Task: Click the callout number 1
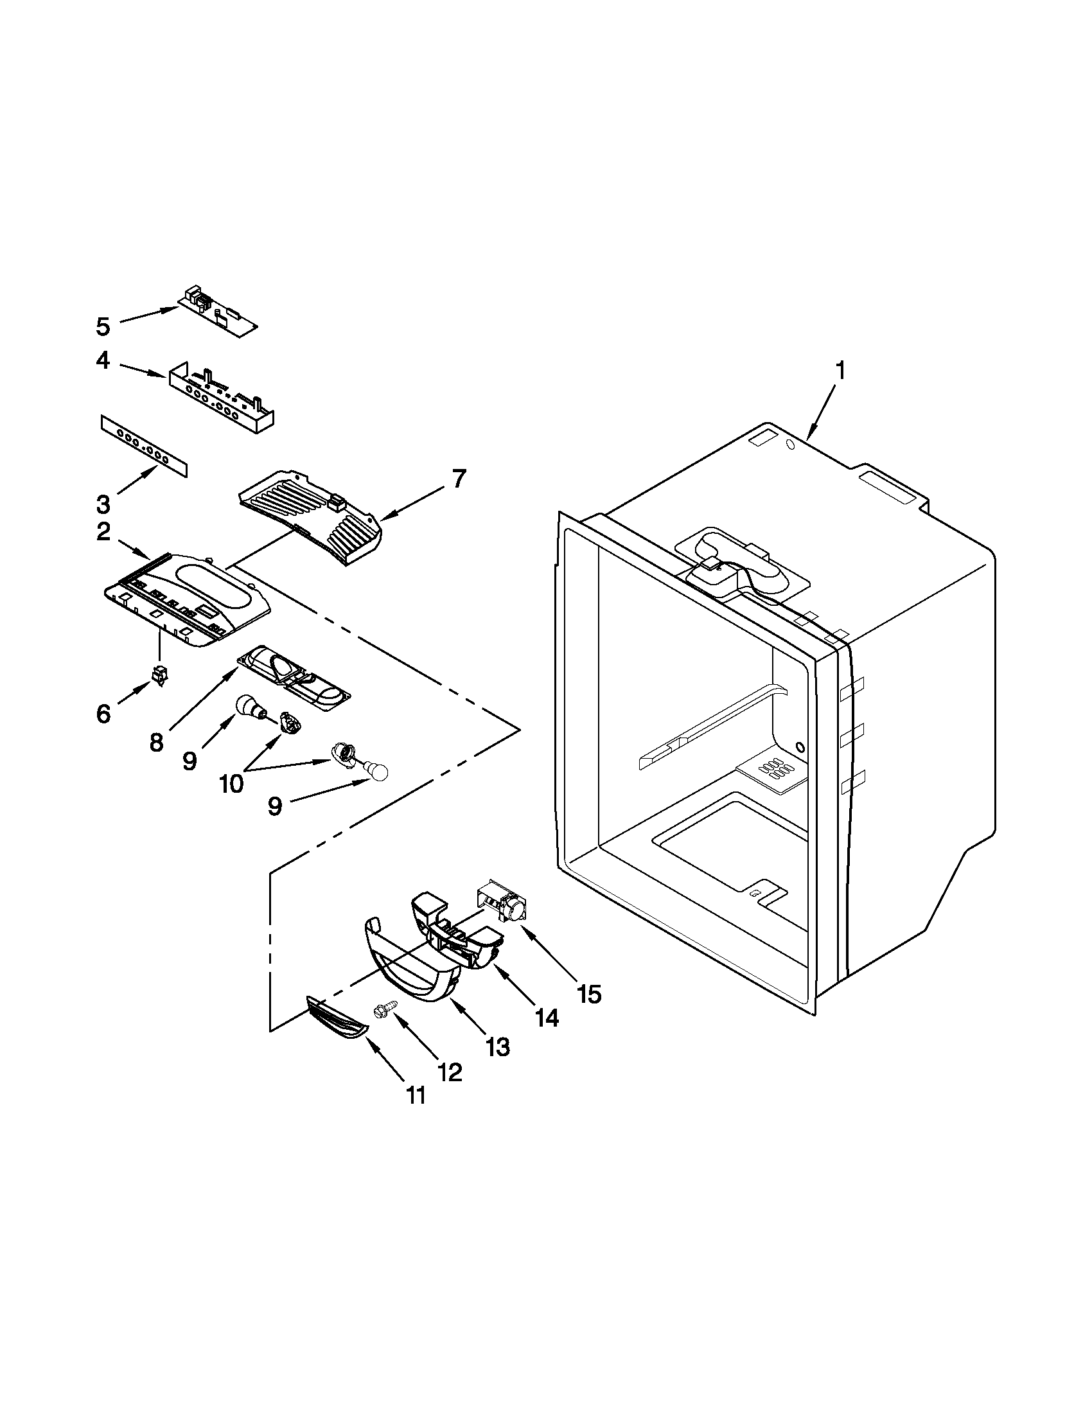click(x=840, y=371)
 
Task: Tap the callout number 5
click(x=103, y=327)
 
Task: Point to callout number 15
click(x=590, y=993)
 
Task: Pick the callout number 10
click(x=231, y=783)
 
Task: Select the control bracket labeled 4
click(x=220, y=396)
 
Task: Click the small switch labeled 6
click(x=157, y=675)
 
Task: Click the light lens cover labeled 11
click(x=336, y=1025)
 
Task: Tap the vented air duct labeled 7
click(x=311, y=515)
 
